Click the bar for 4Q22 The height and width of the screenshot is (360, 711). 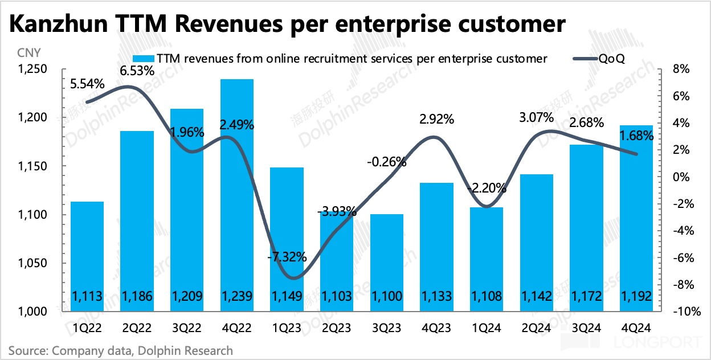pyautogui.click(x=238, y=194)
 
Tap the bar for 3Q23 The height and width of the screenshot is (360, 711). pyautogui.click(x=386, y=262)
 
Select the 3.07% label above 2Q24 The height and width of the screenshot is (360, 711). pyautogui.click(x=536, y=118)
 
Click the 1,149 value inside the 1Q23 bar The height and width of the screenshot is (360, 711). pyautogui.click(x=287, y=296)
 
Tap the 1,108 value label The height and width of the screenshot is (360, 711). pyautogui.click(x=486, y=296)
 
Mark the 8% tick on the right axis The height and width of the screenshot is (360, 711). pyautogui.click(x=682, y=69)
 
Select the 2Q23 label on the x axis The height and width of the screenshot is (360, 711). pyautogui.click(x=337, y=328)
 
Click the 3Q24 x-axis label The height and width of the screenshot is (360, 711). pyautogui.click(x=585, y=328)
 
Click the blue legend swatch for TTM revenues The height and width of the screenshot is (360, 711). pyautogui.click(x=144, y=58)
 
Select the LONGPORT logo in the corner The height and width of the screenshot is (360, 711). pyautogui.click(x=660, y=343)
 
